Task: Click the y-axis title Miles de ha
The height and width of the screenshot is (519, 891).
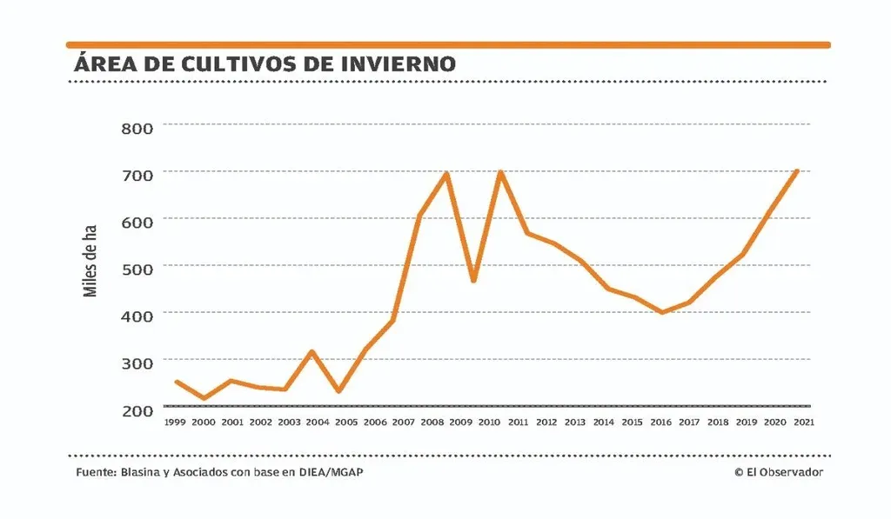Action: [90, 259]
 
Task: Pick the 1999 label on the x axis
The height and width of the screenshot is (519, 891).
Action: [175, 423]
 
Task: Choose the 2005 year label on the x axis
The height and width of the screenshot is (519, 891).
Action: [345, 423]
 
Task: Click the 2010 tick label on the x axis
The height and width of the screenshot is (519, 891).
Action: [488, 423]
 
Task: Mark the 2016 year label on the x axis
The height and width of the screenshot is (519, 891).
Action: [660, 423]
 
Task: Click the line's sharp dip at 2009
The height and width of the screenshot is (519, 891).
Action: [473, 281]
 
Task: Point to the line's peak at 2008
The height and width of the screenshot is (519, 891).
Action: [446, 173]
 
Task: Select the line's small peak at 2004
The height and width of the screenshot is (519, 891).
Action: [312, 351]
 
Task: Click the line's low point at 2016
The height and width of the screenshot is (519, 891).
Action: [662, 312]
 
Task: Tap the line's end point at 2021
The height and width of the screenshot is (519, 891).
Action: [797, 171]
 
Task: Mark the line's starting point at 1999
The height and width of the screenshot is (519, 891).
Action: [177, 382]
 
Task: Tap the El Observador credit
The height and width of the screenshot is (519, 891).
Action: [778, 472]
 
